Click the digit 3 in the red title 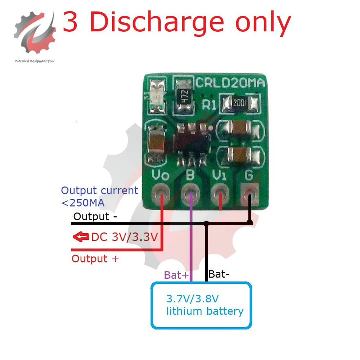pos(70,22)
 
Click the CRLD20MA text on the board pos(230,83)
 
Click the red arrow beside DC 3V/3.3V pos(81,237)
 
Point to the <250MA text pos(83,203)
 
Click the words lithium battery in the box pos(205,311)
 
